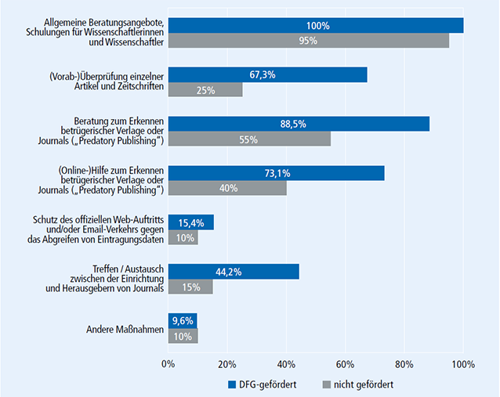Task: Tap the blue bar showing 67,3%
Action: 267,74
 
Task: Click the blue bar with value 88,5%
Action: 299,124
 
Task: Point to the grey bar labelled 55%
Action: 249,139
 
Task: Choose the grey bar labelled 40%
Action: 227,189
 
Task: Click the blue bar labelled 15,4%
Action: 190,222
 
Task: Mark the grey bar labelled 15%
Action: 190,287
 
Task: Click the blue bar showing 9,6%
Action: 182,320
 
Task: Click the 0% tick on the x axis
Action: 168,364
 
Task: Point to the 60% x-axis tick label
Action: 345,364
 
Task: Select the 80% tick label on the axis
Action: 404,364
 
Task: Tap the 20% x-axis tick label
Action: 227,364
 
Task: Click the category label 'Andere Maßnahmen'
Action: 125,329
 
